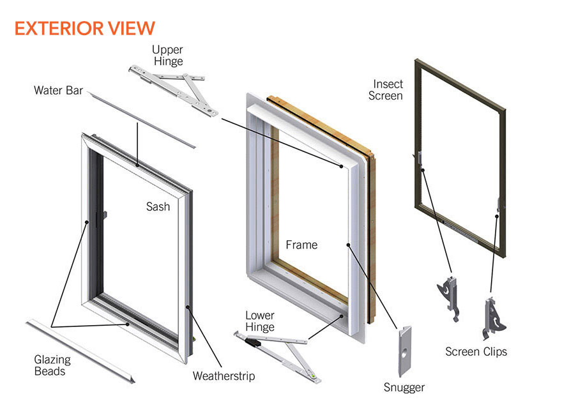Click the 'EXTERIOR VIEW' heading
pyautogui.click(x=84, y=28)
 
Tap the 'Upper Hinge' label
pyautogui.click(x=167, y=56)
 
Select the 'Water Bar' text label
pyautogui.click(x=58, y=91)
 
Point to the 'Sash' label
pyautogui.click(x=158, y=206)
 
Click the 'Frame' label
pyautogui.click(x=301, y=245)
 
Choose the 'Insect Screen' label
pyautogui.click(x=388, y=90)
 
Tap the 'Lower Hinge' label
pyautogui.click(x=260, y=321)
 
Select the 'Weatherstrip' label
pyautogui.click(x=224, y=376)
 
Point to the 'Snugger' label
pyautogui.click(x=404, y=387)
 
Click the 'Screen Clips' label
pyautogui.click(x=476, y=351)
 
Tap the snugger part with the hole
pyautogui.click(x=404, y=351)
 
